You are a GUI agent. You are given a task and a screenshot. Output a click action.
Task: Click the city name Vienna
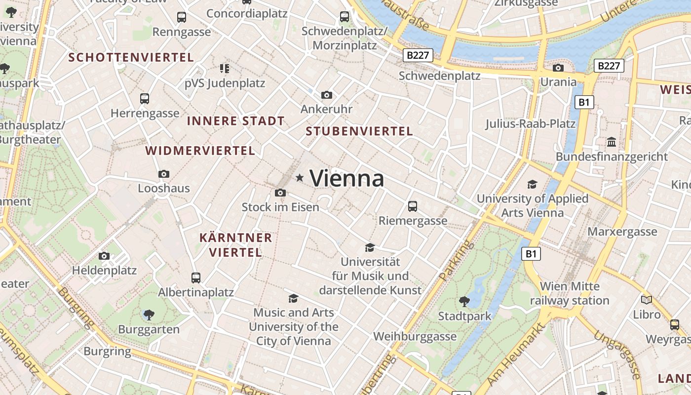[346, 178]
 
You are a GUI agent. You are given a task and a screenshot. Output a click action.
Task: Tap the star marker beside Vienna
[300, 178]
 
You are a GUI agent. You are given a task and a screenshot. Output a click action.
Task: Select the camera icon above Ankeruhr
[326, 95]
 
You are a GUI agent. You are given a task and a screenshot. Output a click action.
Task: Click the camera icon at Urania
[558, 68]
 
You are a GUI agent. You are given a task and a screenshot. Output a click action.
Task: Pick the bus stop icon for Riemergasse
[413, 206]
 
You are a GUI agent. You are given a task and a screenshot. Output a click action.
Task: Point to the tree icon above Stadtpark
[464, 301]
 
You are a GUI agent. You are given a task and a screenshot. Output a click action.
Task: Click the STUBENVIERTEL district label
[359, 131]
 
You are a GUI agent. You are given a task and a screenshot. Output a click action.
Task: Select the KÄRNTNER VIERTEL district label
[235, 245]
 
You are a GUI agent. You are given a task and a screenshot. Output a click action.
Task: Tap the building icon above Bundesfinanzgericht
[612, 142]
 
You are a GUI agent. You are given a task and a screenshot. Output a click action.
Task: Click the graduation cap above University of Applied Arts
[532, 184]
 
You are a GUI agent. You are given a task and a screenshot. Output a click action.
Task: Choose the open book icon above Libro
[646, 300]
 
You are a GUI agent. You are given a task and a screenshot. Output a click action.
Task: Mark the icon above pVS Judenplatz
[225, 68]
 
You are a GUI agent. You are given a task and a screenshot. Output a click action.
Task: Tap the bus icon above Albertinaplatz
[196, 277]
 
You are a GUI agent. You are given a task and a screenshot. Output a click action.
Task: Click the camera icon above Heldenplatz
[104, 256]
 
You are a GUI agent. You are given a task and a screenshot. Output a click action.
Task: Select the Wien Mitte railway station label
[570, 293]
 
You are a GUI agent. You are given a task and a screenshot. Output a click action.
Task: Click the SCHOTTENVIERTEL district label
[131, 58]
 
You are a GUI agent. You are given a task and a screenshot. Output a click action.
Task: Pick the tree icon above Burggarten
[149, 315]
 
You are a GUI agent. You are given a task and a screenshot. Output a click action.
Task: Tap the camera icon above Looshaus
[164, 174]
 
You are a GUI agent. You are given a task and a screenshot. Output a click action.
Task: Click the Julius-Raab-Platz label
[531, 123]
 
